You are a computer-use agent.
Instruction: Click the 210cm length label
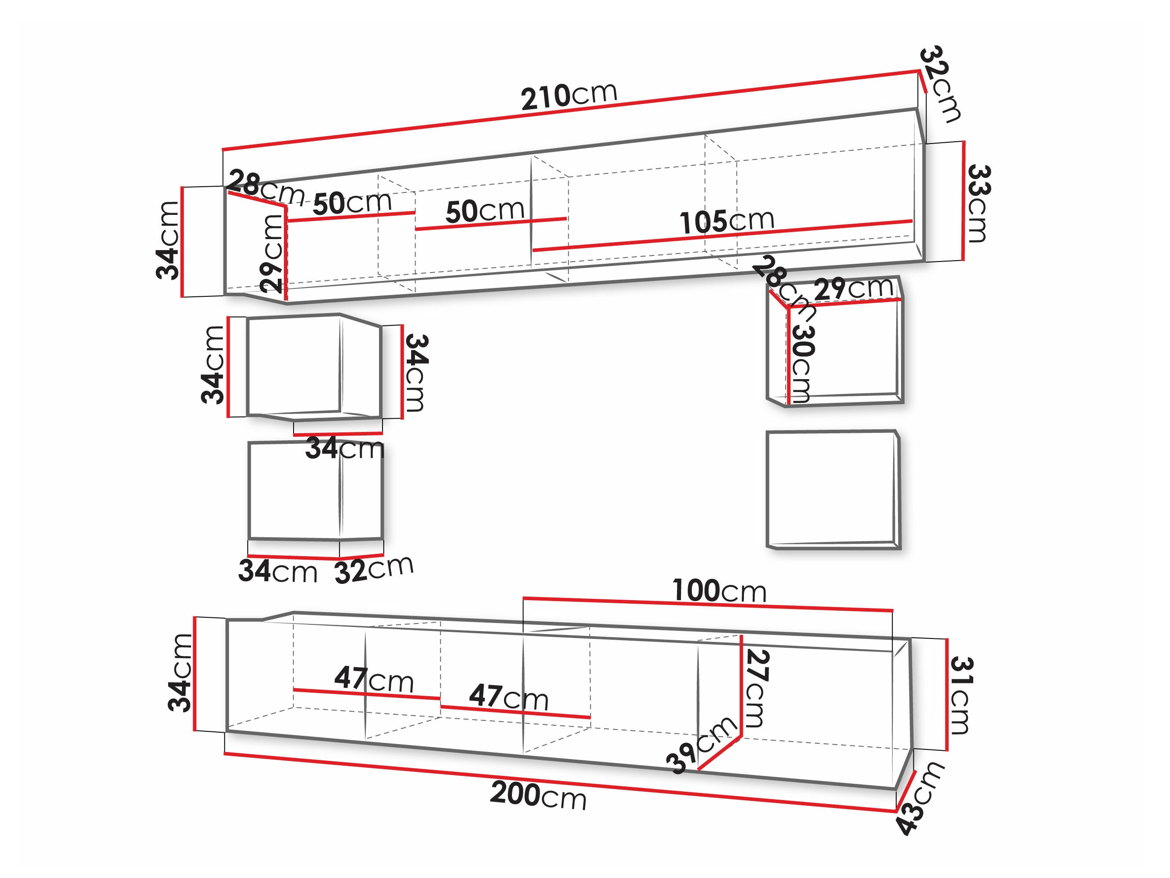click(x=569, y=96)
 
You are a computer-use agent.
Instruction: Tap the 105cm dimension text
click(x=727, y=221)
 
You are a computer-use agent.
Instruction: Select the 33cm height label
click(x=978, y=204)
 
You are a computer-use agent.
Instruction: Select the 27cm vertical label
click(x=756, y=688)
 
